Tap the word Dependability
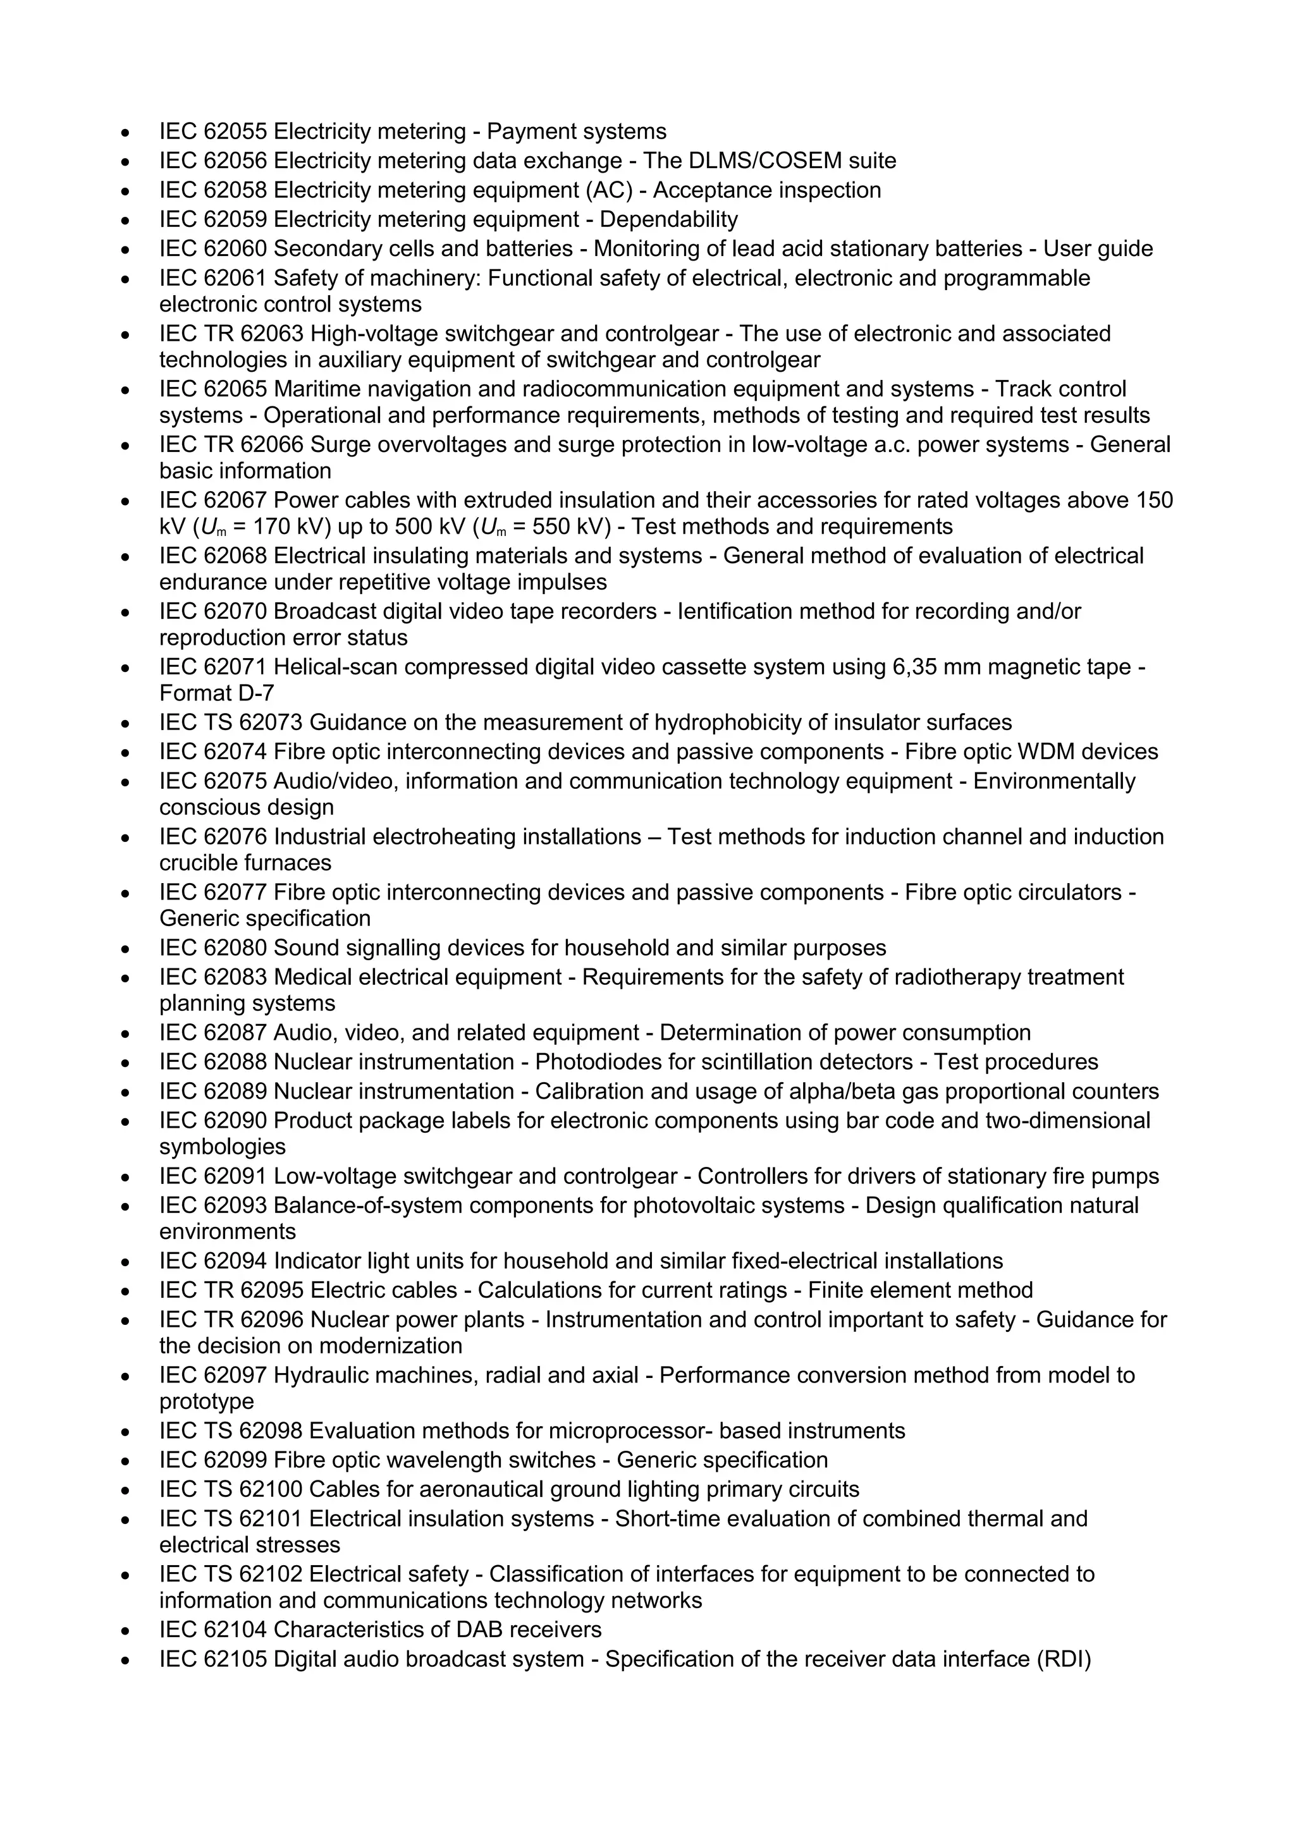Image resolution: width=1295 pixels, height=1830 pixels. [668, 219]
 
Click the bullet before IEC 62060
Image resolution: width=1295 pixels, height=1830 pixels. [125, 250]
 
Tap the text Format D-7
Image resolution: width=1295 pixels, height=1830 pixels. [216, 693]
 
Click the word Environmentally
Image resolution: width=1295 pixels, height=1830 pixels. [1054, 781]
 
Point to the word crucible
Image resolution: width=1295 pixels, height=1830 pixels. [198, 863]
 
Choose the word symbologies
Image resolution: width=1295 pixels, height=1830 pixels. [223, 1147]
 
